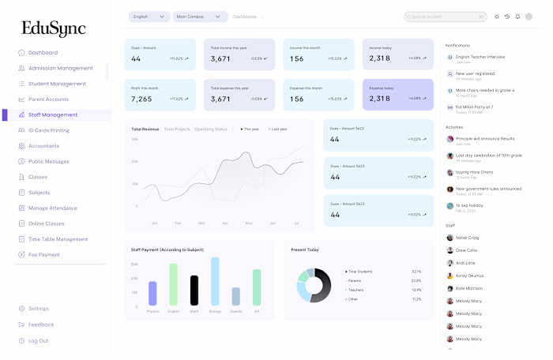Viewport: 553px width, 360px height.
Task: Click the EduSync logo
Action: pyautogui.click(x=54, y=29)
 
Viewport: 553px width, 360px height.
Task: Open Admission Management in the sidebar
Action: pyautogui.click(x=60, y=68)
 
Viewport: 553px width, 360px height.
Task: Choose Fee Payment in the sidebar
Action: pyautogui.click(x=44, y=254)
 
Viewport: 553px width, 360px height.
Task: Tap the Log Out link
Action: pyautogui.click(x=38, y=340)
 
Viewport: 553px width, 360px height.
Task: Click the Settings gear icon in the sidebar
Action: pyautogui.click(x=21, y=309)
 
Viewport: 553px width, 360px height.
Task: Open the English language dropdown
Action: pyautogui.click(x=149, y=17)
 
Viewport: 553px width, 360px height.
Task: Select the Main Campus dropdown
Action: pyautogui.click(x=200, y=17)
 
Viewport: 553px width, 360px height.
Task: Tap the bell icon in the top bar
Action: pyautogui.click(x=517, y=17)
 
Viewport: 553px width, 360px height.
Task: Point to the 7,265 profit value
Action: pyautogui.click(x=141, y=99)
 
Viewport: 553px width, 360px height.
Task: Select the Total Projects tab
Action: pyautogui.click(x=177, y=129)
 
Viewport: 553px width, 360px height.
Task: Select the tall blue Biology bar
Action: pyautogui.click(x=215, y=280)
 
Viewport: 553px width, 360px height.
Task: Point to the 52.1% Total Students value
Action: pyautogui.click(x=416, y=271)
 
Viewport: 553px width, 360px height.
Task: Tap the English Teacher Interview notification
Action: pyautogui.click(x=480, y=57)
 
